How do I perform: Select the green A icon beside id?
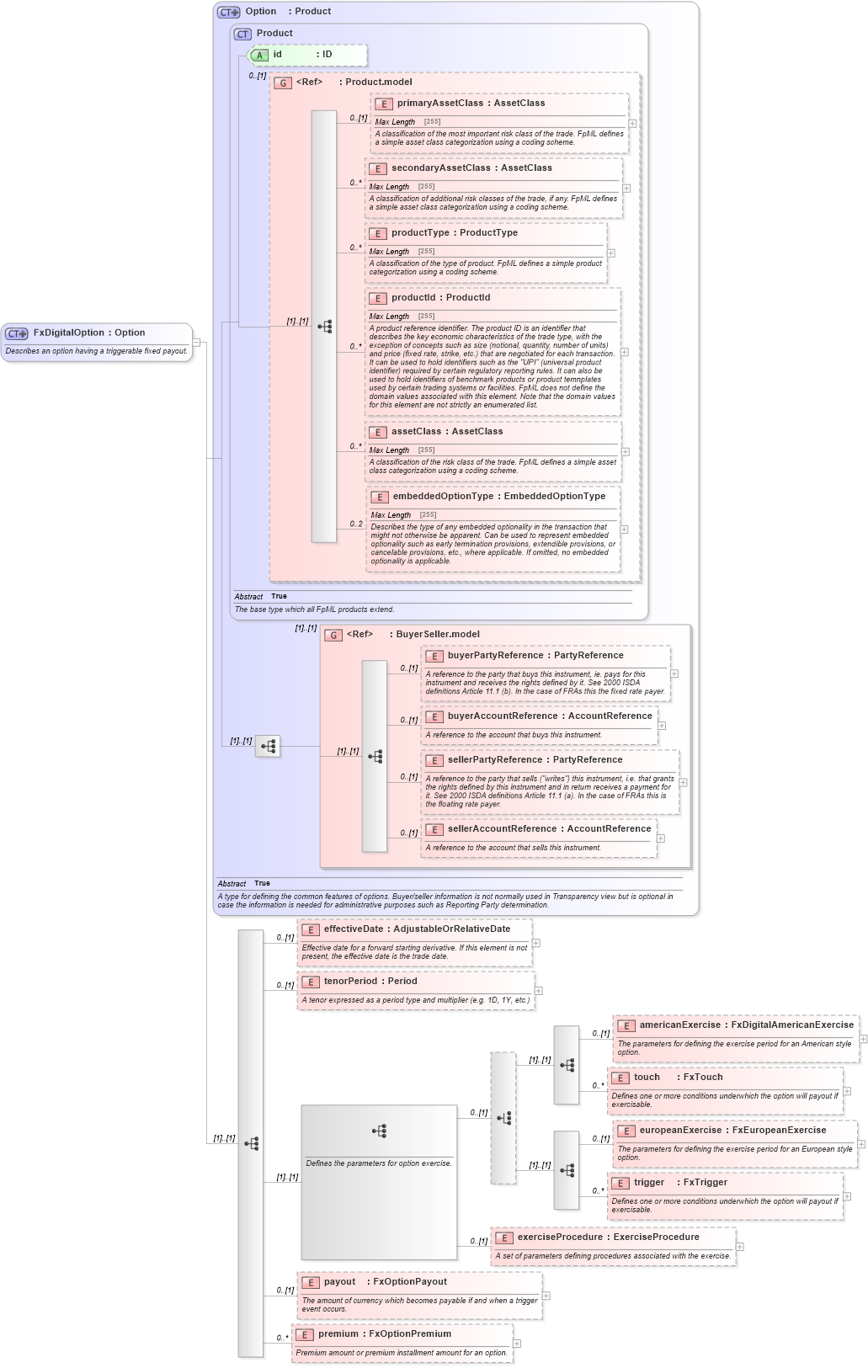pos(259,56)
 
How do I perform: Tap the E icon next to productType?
pos(378,234)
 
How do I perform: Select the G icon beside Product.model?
pos(284,83)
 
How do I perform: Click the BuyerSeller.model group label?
pos(437,635)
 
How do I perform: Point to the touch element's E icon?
pos(620,1078)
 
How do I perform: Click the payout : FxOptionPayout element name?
pos(385,1282)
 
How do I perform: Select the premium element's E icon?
pos(305,1335)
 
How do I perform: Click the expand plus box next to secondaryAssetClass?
pos(626,189)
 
